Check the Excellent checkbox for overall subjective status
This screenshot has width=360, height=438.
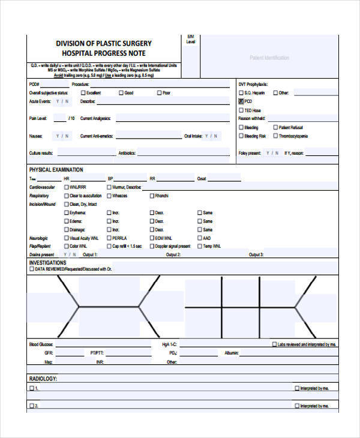tap(82, 93)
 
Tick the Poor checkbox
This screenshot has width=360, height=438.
tap(159, 93)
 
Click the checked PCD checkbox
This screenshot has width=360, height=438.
tap(241, 102)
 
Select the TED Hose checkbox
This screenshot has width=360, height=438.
tap(241, 110)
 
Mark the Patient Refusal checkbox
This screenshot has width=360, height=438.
tap(275, 128)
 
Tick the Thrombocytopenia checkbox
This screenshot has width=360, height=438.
tap(275, 136)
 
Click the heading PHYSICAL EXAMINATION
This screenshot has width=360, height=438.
tap(56, 170)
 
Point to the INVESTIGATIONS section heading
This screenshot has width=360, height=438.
tap(48, 263)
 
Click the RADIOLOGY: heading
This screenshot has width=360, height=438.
tap(43, 379)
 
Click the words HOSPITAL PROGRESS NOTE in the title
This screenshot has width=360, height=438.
tap(103, 53)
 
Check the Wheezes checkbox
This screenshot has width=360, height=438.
tap(109, 196)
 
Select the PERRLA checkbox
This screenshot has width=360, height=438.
tap(109, 238)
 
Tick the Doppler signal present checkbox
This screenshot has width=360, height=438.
tap(151, 247)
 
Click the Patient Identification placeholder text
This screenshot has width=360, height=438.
tap(269, 58)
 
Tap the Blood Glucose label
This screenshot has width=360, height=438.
tap(41, 345)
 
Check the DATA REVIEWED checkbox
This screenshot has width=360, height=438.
tap(32, 269)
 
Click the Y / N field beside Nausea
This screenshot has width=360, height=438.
tap(62, 136)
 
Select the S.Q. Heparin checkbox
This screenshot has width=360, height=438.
tap(241, 93)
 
